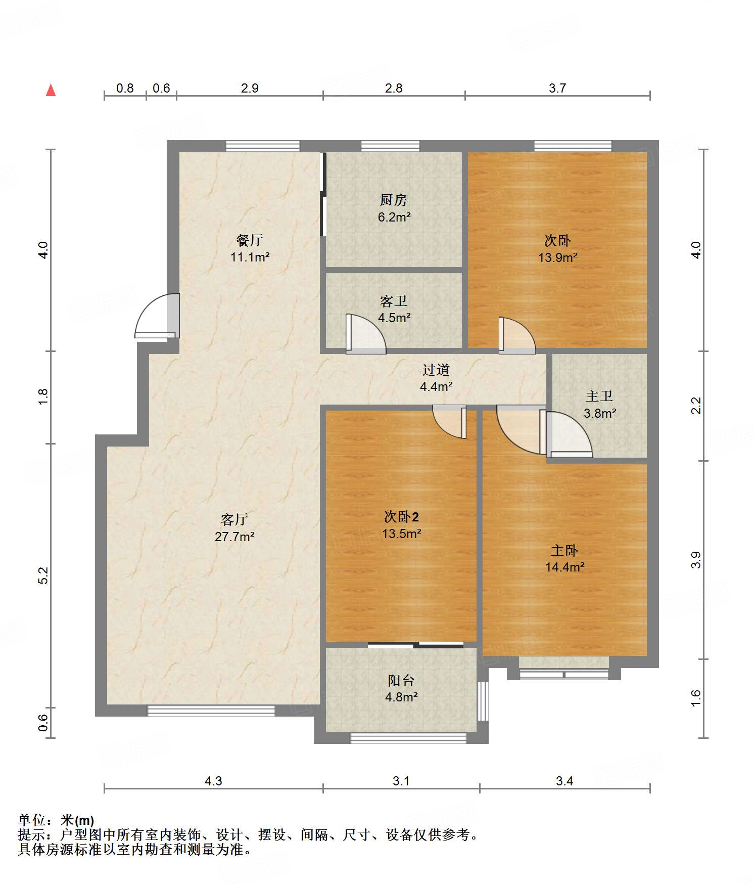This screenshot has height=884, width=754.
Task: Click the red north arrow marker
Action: (51, 90)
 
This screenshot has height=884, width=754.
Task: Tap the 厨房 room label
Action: (394, 200)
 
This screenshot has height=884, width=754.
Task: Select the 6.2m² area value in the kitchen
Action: (394, 217)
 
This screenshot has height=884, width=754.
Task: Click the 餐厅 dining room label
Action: (250, 240)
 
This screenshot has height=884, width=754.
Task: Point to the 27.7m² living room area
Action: (234, 537)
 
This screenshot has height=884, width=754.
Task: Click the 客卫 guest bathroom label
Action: (394, 301)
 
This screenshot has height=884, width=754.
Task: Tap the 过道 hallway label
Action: (436, 370)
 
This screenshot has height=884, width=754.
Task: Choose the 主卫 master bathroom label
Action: (599, 396)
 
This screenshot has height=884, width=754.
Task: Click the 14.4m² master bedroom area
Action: (565, 567)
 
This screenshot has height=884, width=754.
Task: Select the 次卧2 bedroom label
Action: (401, 517)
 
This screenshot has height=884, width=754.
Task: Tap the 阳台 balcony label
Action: (401, 681)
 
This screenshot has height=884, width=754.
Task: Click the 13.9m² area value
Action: (558, 257)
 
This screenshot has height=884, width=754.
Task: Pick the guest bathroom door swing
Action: (366, 334)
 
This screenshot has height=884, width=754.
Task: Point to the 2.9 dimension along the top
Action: (250, 88)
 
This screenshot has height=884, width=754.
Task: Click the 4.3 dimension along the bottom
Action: (213, 781)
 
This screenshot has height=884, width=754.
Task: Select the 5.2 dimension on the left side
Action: (43, 576)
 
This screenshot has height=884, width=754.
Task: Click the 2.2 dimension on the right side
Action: (696, 406)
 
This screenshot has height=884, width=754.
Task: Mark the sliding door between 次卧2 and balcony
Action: (415, 645)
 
